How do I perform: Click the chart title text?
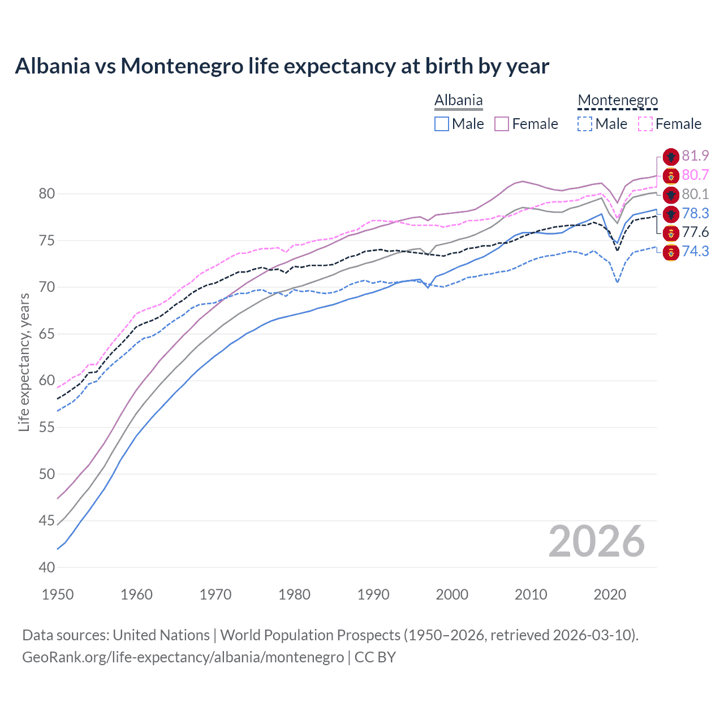coord(282,66)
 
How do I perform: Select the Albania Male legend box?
coord(442,124)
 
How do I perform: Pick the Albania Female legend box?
coord(502,124)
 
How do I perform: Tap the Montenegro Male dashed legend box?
coord(585,124)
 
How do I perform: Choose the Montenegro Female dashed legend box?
coord(645,124)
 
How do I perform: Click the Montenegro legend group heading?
coord(618,100)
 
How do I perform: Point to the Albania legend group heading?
coord(458,100)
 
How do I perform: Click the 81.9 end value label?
coord(695,156)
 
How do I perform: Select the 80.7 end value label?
coord(695,175)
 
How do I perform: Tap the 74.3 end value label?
coord(695,251)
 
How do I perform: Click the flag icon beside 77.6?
coord(671,232)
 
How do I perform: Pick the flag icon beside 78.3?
coord(671,214)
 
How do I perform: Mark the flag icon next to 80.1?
coord(671,195)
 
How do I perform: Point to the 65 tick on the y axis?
coord(47,334)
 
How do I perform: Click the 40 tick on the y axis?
coord(47,567)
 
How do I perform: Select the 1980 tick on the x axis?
coord(294,594)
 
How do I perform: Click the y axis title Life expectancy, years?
coord(24,362)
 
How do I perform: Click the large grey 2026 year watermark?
coord(596,541)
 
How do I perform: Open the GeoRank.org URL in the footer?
coord(183,657)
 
